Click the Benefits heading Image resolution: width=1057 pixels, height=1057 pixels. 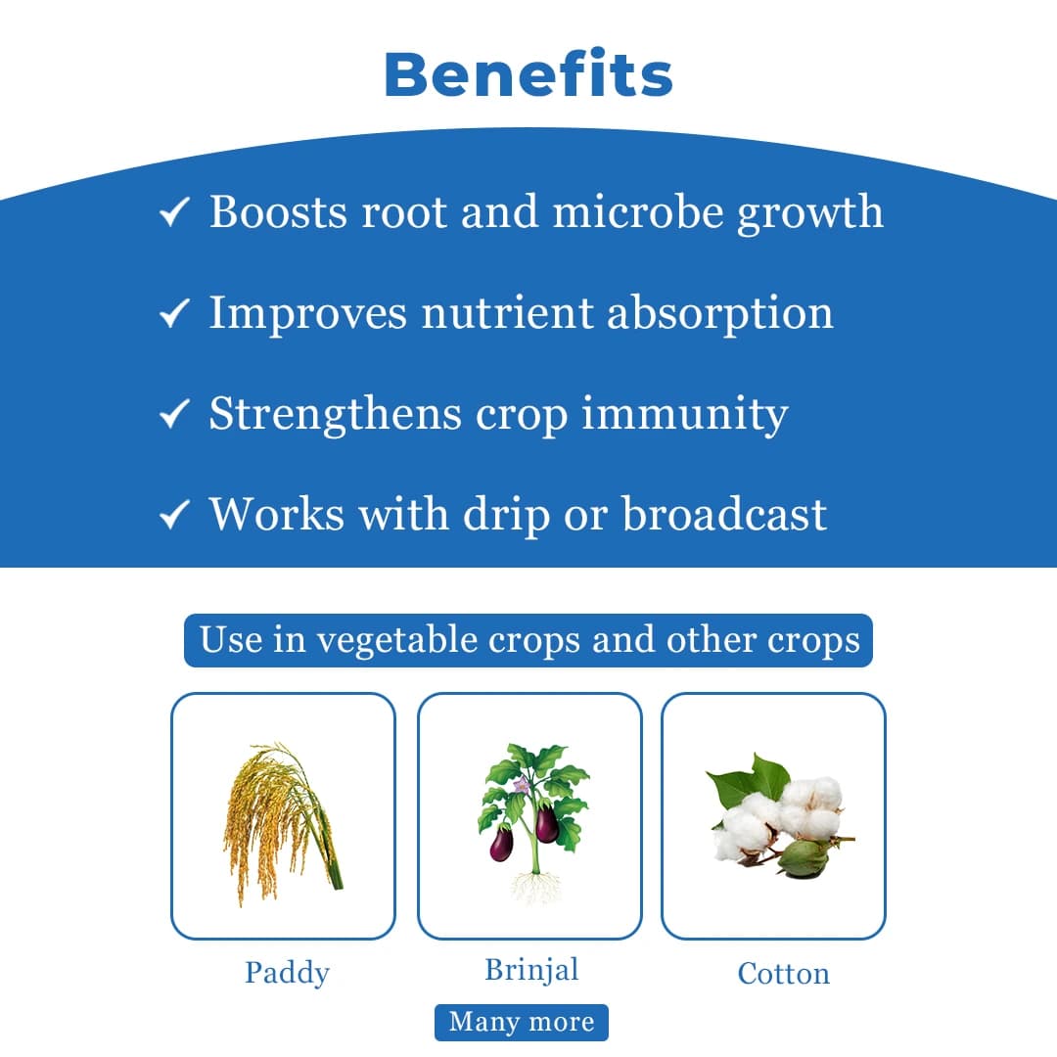coord(528,74)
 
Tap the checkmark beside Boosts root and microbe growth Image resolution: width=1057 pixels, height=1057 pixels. coord(173,213)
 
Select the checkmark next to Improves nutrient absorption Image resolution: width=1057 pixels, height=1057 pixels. coord(173,314)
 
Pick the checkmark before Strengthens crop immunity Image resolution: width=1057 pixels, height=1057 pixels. coord(173,415)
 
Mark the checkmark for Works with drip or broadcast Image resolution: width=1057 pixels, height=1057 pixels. coord(173,516)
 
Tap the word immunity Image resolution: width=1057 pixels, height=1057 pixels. coord(684,414)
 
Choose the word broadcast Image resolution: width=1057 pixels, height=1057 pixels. coord(724,515)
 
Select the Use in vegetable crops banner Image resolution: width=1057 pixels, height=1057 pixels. coord(528,641)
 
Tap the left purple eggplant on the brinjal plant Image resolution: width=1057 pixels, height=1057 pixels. coord(501,843)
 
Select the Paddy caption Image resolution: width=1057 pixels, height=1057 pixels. coord(287,973)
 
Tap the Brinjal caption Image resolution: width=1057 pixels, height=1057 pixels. coord(531,970)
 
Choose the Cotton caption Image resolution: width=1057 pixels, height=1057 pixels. coord(783,974)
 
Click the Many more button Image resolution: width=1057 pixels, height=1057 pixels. coord(522,1023)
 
